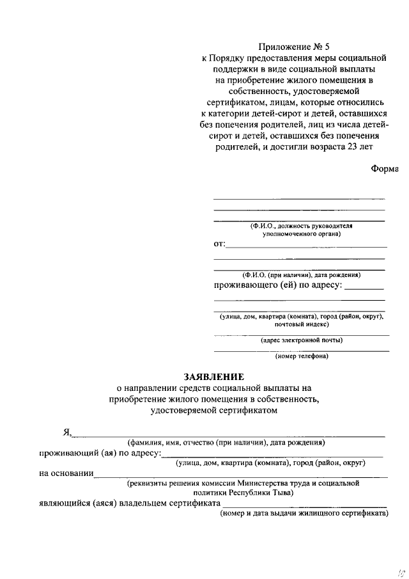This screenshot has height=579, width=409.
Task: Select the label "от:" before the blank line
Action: pyautogui.click(x=219, y=244)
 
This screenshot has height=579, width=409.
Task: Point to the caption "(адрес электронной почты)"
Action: pyautogui.click(x=302, y=340)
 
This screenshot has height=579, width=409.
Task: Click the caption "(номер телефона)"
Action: pyautogui.click(x=302, y=356)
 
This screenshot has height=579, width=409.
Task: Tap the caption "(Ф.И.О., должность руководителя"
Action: pyautogui.click(x=298, y=226)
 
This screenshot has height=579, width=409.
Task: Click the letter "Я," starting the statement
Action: pyautogui.click(x=66, y=432)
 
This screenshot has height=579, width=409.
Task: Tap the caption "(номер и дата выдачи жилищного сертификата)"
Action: pyautogui.click(x=304, y=514)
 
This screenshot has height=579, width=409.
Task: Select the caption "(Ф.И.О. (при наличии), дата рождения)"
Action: pyautogui.click(x=298, y=274)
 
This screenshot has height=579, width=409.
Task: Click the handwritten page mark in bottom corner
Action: pyautogui.click(x=398, y=569)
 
